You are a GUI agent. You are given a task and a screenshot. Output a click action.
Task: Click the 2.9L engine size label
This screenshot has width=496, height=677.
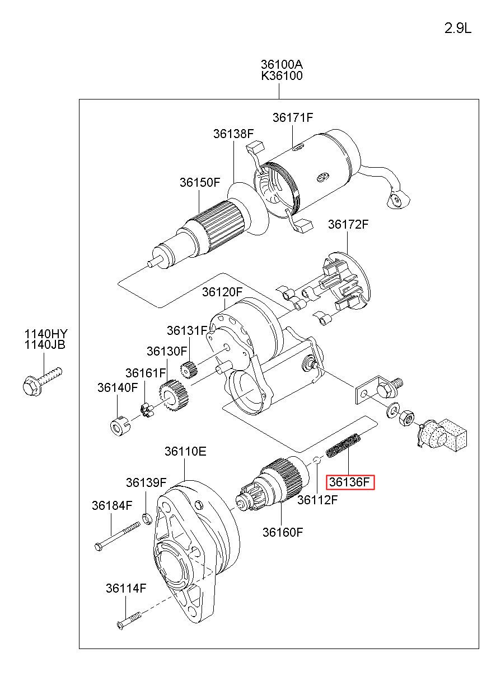457,29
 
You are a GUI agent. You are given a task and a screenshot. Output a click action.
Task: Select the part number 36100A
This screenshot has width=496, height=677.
282,64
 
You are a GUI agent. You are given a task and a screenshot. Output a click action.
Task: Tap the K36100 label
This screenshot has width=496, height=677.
282,75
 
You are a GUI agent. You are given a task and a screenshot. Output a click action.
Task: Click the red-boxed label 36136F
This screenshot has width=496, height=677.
350,482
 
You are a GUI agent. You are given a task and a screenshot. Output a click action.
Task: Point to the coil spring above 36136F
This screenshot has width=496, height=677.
343,445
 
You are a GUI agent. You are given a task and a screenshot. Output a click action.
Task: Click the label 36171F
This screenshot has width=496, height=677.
293,117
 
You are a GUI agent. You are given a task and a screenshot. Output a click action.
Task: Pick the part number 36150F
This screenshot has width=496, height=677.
200,182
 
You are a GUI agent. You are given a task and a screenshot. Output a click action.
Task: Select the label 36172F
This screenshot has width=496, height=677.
348,224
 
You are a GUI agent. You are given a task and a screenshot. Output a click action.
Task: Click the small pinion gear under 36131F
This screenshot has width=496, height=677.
189,370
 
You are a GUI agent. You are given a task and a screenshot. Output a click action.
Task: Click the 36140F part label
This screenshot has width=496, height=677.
118,387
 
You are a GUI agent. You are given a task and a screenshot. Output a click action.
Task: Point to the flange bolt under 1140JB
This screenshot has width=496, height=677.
42,381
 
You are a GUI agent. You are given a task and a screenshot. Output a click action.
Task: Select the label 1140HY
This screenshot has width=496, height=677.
46,334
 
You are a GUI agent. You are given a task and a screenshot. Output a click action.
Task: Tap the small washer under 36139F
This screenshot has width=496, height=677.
147,519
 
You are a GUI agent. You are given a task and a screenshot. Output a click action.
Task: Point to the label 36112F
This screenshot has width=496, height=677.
317,500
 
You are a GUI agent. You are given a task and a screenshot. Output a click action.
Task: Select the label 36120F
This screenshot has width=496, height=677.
222,292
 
